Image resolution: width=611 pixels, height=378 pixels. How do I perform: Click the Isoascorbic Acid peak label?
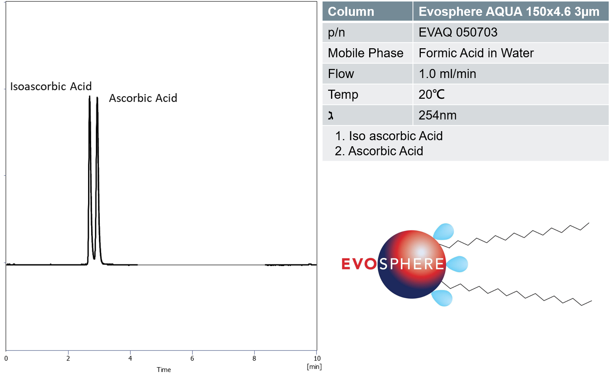(x=51, y=86)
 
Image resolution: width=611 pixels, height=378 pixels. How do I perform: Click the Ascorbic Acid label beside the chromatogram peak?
(x=143, y=98)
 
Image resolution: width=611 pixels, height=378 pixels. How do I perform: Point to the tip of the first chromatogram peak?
(x=90, y=96)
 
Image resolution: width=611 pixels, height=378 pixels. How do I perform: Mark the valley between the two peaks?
(x=94, y=259)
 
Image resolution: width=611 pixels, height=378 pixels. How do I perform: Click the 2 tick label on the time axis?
(x=68, y=358)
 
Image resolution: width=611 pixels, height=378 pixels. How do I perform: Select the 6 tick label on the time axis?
(x=192, y=358)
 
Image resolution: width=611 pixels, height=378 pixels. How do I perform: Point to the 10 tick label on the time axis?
(x=317, y=358)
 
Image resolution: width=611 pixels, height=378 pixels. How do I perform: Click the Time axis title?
(x=163, y=370)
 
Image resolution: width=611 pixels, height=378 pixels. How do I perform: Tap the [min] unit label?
(x=314, y=367)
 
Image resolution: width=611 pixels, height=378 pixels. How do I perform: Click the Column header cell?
(x=367, y=11)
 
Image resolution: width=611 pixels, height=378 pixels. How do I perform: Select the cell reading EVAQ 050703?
(x=511, y=32)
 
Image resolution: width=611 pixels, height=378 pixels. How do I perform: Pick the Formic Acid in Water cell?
(x=511, y=53)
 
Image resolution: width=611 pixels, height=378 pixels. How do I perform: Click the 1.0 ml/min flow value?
(x=448, y=74)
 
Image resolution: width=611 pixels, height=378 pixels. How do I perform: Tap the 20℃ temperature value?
(x=432, y=95)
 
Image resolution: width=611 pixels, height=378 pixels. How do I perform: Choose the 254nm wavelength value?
(x=437, y=115)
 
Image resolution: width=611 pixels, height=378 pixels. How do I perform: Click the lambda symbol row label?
(x=331, y=116)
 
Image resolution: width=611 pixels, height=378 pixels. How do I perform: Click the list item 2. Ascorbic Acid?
(x=379, y=151)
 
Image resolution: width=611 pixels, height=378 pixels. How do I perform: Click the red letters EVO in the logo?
(x=359, y=264)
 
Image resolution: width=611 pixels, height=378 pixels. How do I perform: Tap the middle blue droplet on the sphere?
(x=457, y=264)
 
